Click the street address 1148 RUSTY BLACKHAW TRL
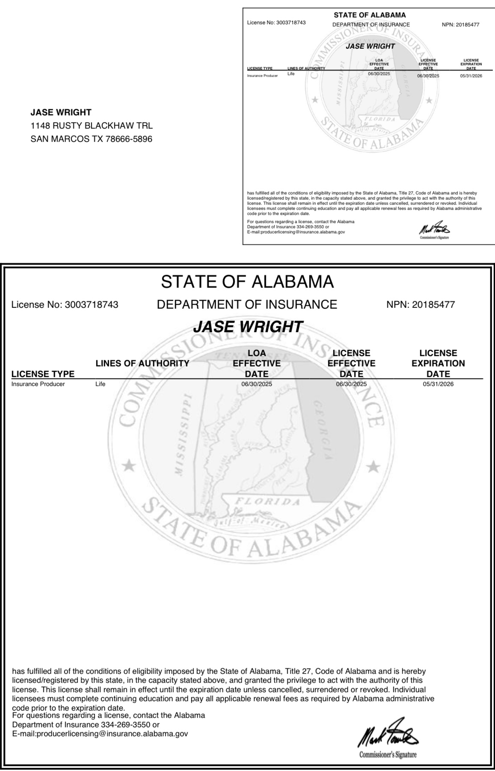[92, 126]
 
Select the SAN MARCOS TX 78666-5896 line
[91, 139]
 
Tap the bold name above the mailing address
[61, 112]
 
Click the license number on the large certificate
[65, 305]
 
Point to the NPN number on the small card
[460, 24]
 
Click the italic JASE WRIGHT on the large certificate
[248, 327]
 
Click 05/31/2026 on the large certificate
[438, 384]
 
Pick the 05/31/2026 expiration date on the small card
[471, 76]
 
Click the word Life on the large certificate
[100, 384]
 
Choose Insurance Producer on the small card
[262, 76]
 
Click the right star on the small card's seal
[430, 100]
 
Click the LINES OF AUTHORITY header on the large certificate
[142, 363]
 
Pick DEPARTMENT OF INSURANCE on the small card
[371, 24]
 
